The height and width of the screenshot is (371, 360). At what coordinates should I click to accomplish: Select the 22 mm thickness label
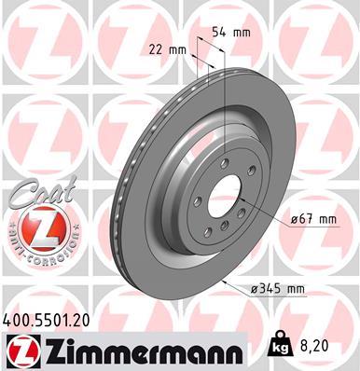pos(163,49)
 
